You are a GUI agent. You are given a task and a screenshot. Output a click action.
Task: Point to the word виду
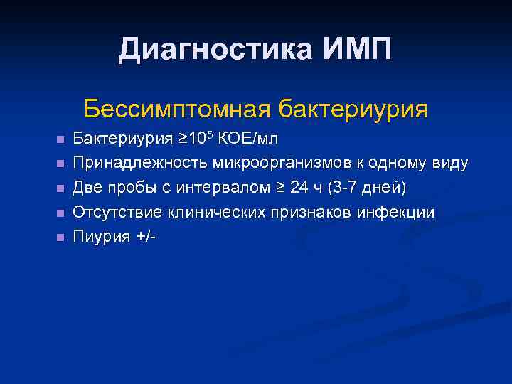click(449, 164)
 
